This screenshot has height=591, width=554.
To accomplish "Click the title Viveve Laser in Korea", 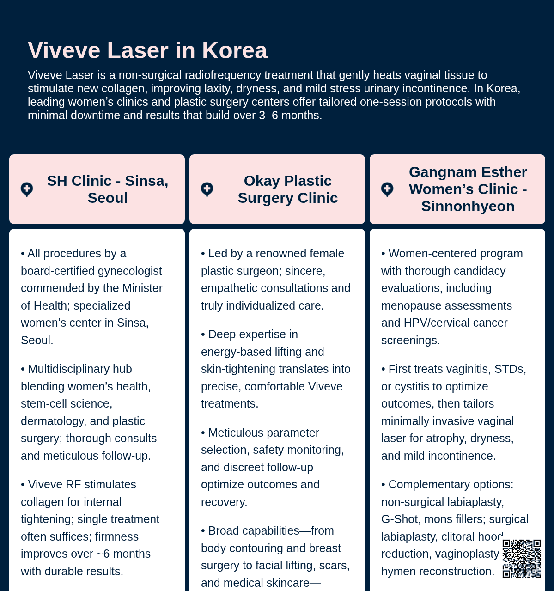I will click(x=147, y=50).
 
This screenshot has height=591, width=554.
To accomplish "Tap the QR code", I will click(x=521, y=558).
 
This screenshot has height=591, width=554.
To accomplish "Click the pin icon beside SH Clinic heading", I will click(x=27, y=189).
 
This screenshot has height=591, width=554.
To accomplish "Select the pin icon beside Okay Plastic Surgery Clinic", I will click(x=207, y=189).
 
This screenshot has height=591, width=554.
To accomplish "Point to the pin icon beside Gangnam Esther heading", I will click(x=387, y=189).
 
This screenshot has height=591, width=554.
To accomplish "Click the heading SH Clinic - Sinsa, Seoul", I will click(x=108, y=189).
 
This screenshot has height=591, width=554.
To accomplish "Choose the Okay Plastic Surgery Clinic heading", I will click(x=288, y=189).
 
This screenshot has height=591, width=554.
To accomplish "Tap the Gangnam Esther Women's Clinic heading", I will click(x=468, y=189).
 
